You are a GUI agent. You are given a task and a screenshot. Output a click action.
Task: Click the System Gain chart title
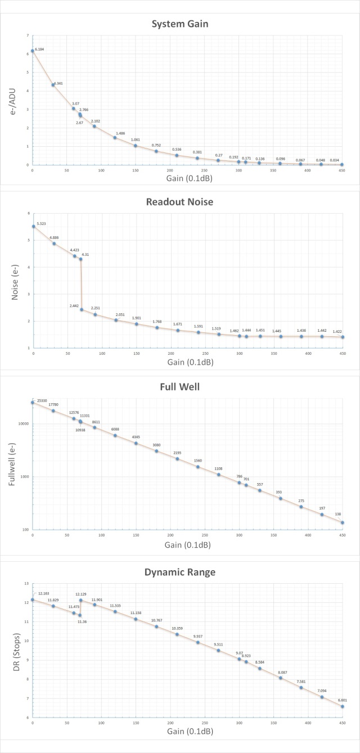pyautogui.click(x=180, y=24)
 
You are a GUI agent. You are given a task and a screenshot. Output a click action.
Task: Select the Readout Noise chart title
pyautogui.click(x=180, y=202)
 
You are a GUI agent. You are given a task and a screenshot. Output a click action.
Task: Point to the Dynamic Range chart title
pyautogui.click(x=180, y=572)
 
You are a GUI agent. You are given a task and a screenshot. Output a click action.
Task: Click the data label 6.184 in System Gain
pyautogui.click(x=39, y=49)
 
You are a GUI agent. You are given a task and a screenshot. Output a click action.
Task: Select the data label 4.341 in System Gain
pyautogui.click(x=58, y=83)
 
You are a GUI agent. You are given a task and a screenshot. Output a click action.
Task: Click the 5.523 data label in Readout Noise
pyautogui.click(x=40, y=224)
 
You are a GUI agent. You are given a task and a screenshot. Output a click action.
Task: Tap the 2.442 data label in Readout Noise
pyautogui.click(x=74, y=305)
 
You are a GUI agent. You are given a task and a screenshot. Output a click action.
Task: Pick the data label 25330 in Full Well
pyautogui.click(x=40, y=401)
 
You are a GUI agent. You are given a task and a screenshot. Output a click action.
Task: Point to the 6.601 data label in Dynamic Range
pyautogui.click(x=343, y=700)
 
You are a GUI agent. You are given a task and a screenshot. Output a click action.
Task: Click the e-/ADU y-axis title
pyautogui.click(x=13, y=101)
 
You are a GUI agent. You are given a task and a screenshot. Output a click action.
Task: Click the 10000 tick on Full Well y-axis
pyautogui.click(x=22, y=424)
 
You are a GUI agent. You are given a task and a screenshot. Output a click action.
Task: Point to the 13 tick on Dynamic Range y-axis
pyautogui.click(x=26, y=583)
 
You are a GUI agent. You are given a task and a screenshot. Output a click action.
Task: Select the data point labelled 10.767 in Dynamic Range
pyautogui.click(x=156, y=626)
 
